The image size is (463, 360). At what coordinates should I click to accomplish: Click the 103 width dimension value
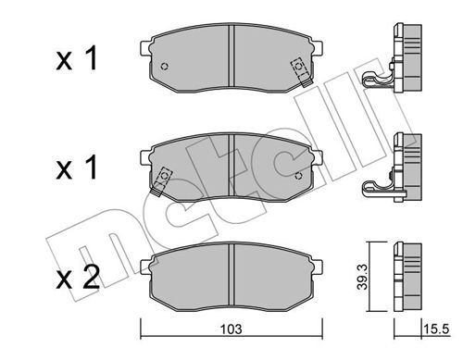[231, 329]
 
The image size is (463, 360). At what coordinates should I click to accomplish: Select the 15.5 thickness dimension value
[436, 329]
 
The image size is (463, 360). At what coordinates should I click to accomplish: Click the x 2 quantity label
[78, 278]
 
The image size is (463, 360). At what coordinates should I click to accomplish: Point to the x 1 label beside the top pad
[77, 58]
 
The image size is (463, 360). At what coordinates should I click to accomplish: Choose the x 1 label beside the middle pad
[77, 168]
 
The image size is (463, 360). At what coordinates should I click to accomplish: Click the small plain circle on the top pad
[165, 67]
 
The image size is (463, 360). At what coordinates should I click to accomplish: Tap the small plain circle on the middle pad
[298, 176]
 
